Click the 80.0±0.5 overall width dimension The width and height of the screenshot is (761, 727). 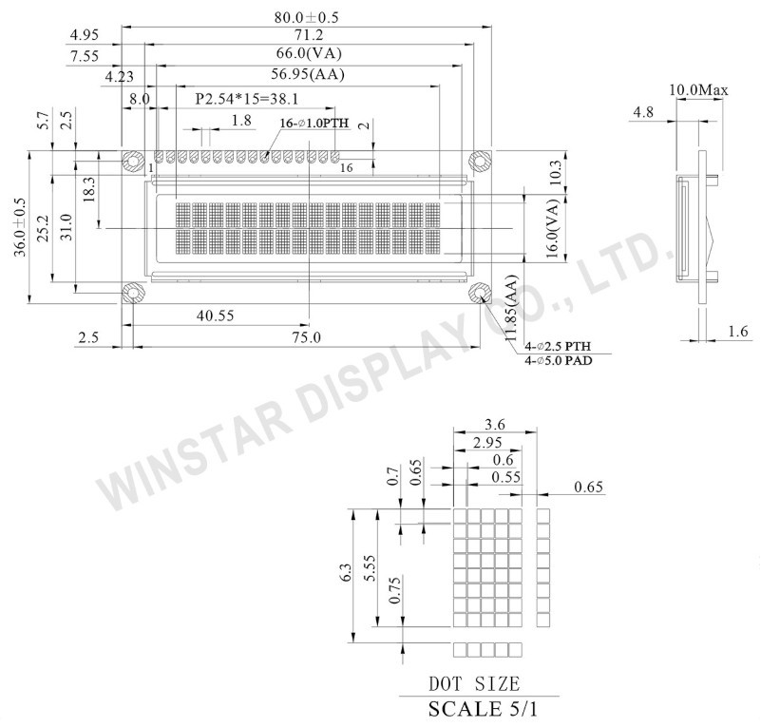(x=306, y=17)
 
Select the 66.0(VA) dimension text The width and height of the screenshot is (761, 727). (x=309, y=53)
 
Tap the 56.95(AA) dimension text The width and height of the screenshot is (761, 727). (x=308, y=74)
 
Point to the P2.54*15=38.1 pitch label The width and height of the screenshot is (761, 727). (x=247, y=99)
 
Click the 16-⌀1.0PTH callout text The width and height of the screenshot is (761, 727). (x=314, y=124)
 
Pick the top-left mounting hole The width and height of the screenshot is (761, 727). (x=132, y=162)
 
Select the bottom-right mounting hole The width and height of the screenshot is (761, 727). (x=480, y=293)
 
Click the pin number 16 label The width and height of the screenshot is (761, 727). (x=347, y=168)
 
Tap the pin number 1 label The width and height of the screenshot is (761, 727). (x=151, y=168)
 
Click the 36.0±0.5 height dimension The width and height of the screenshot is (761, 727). (x=20, y=227)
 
